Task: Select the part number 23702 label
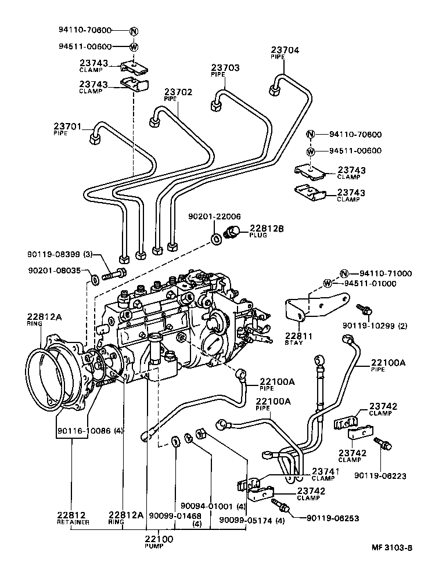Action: tap(178, 92)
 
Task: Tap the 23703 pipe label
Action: tap(225, 68)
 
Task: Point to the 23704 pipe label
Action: tap(285, 50)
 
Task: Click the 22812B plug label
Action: tap(267, 229)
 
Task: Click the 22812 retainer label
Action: tap(72, 515)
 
